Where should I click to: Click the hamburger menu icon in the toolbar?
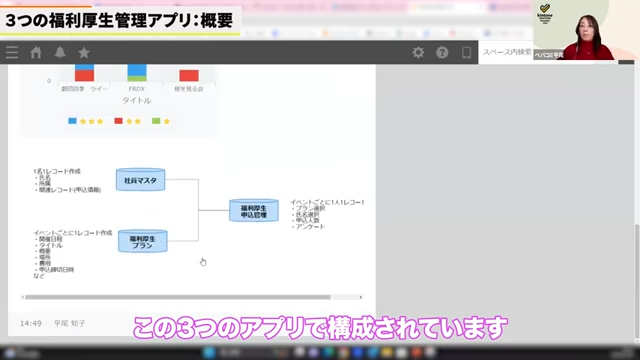point(12,52)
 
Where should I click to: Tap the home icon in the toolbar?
point(36,52)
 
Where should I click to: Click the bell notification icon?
point(60,52)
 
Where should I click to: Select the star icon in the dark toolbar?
point(84,52)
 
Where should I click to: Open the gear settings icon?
point(419,52)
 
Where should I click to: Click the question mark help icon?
point(442,52)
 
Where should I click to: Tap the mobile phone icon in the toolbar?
point(466,52)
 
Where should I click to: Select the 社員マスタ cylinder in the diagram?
point(140,180)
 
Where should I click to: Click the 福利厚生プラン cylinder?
point(142,241)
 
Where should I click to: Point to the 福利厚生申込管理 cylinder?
point(254,210)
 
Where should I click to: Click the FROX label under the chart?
point(137,89)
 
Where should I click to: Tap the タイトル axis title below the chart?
point(137,100)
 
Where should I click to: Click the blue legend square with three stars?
point(73,121)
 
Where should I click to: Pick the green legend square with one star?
point(156,121)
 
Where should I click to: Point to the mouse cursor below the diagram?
point(202,262)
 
